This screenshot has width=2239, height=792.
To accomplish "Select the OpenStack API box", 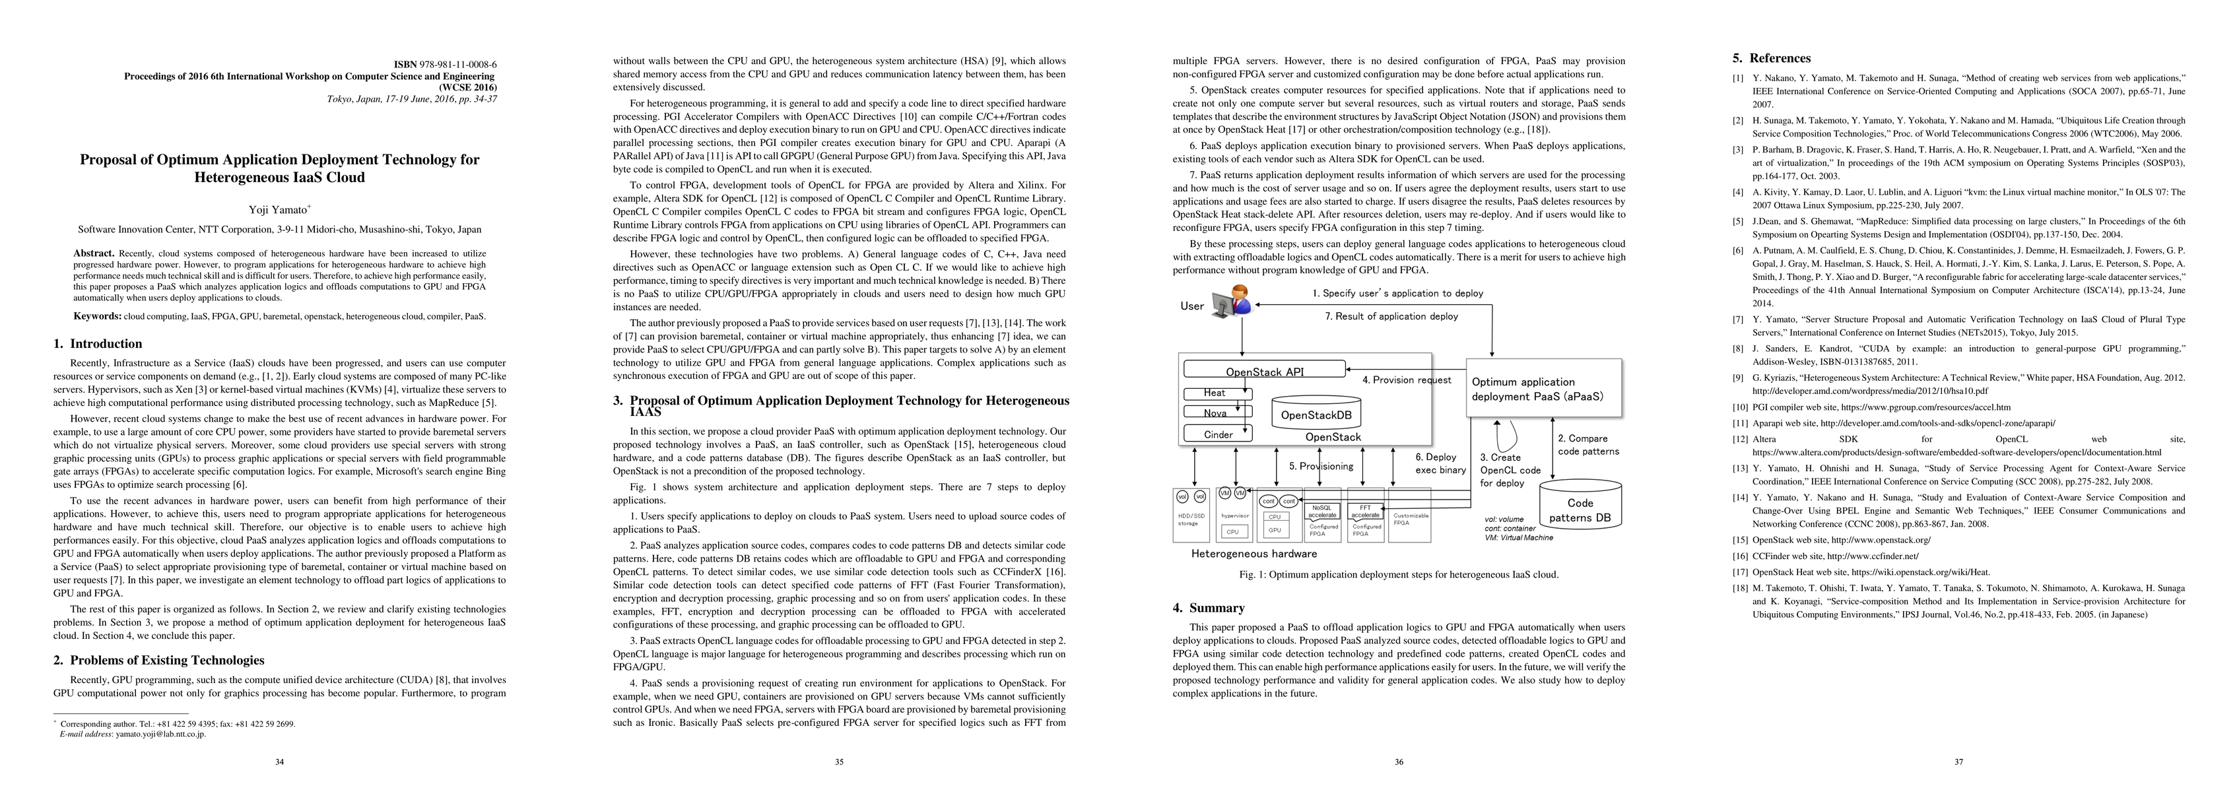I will (1265, 370).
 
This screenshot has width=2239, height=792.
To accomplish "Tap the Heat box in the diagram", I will (1215, 393).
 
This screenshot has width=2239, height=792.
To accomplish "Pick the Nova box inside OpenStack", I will (1215, 413).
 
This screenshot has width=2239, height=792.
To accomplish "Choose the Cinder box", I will (1218, 434).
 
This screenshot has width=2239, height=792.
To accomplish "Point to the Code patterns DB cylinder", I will (1580, 509).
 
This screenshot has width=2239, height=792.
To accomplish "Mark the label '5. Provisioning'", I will (1321, 466).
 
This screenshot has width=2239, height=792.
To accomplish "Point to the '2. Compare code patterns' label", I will (1588, 445).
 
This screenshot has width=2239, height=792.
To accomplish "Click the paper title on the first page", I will (279, 169).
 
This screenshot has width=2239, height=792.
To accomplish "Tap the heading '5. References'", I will (1772, 58).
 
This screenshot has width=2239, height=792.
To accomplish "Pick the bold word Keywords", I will (96, 316).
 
